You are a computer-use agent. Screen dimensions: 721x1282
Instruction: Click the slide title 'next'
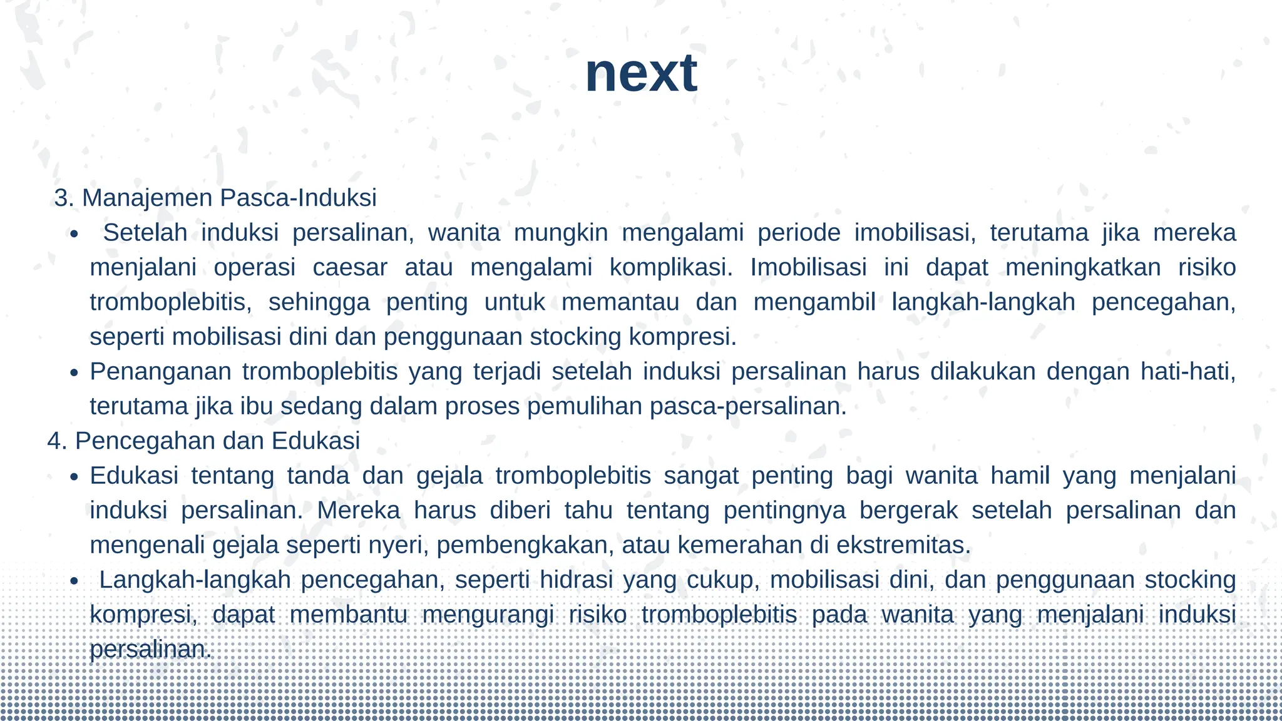640,74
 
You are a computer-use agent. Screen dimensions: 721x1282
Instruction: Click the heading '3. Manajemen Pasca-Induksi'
215,198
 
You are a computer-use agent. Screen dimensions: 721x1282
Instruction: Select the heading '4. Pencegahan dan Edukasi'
204,441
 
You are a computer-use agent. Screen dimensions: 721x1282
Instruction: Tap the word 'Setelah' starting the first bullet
145,233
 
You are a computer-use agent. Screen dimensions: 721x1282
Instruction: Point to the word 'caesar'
350,268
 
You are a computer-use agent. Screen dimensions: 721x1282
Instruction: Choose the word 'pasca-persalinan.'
748,407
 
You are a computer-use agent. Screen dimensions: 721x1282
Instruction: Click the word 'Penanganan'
160,372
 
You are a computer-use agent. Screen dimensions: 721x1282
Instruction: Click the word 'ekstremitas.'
903,545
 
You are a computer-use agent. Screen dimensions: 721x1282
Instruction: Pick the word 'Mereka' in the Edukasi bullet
358,511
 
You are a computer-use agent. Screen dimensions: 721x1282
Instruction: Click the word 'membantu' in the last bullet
348,615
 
